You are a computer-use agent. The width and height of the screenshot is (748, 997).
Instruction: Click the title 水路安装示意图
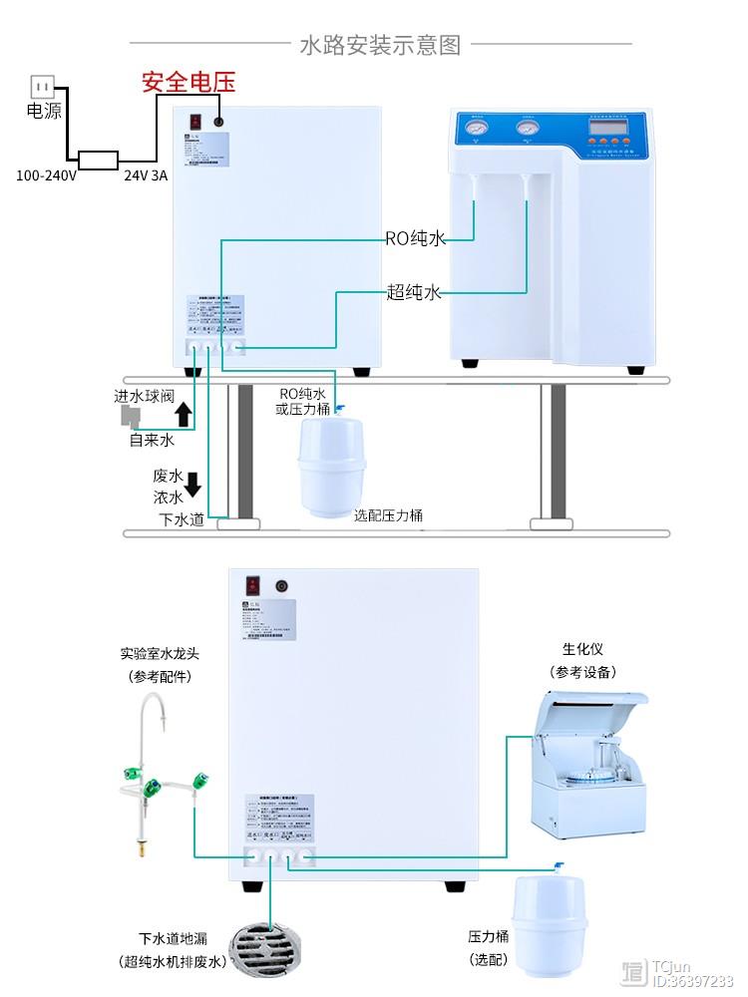tap(380, 44)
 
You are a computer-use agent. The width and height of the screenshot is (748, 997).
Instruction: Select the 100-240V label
tap(46, 175)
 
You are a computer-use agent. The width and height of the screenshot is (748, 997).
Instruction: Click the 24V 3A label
tap(146, 175)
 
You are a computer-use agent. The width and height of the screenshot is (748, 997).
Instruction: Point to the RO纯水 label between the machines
tap(415, 238)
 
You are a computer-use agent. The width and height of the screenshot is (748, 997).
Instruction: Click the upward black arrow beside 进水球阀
tap(184, 413)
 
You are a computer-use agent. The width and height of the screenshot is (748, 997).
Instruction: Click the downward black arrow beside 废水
tap(192, 485)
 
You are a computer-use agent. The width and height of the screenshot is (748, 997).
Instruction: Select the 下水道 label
tap(181, 518)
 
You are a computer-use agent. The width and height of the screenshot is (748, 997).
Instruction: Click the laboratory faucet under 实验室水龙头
tap(160, 768)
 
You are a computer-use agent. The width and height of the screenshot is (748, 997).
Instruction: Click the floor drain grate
tap(267, 947)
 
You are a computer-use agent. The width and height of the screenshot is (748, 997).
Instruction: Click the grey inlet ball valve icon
tap(128, 417)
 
